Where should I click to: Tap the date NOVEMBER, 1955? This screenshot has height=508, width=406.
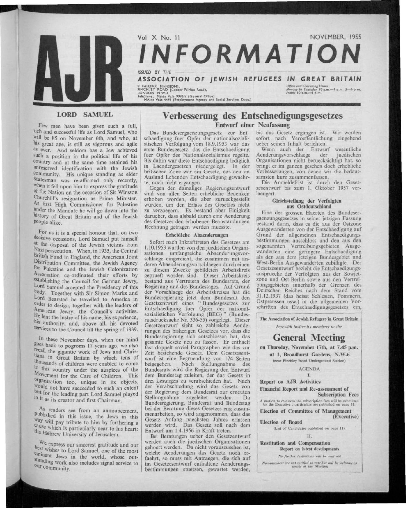(x=336, y=38)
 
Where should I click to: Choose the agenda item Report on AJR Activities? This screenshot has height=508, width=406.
(x=285, y=382)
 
